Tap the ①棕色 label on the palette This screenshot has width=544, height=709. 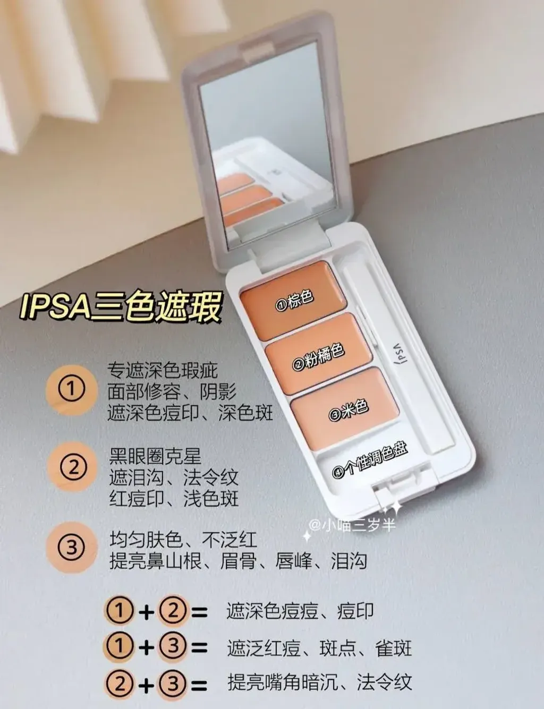click(x=295, y=301)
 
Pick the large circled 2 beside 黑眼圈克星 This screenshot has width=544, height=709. click(x=73, y=468)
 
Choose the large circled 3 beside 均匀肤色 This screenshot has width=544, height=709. click(x=72, y=547)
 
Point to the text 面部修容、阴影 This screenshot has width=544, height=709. click(x=172, y=391)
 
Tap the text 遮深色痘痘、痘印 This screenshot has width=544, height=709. click(x=300, y=611)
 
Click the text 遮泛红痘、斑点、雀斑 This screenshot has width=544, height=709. click(x=319, y=648)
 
